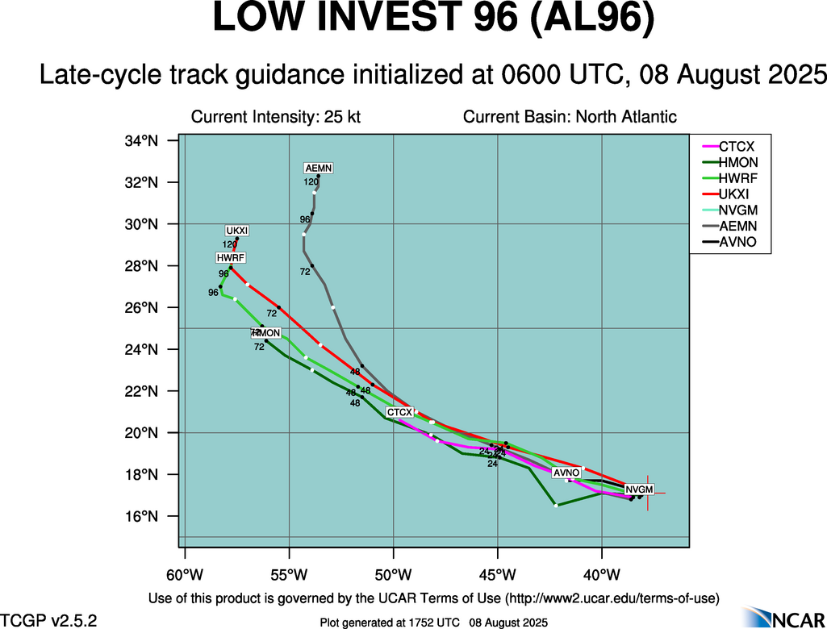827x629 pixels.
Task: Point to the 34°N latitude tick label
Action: tap(140, 141)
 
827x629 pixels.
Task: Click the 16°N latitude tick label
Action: tap(140, 516)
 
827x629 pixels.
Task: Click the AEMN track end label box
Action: tap(318, 168)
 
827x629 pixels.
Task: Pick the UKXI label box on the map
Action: tap(237, 231)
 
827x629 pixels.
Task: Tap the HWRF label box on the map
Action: tap(230, 258)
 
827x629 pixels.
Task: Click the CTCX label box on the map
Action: tap(399, 412)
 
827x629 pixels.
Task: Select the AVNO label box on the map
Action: tap(566, 473)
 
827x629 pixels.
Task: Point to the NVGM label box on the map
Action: tap(639, 489)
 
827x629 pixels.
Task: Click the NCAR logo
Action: tap(783, 618)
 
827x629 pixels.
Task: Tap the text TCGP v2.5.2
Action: tap(48, 621)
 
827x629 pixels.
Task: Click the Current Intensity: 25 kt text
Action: tap(275, 117)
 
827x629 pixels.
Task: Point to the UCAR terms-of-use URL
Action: tap(611, 598)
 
